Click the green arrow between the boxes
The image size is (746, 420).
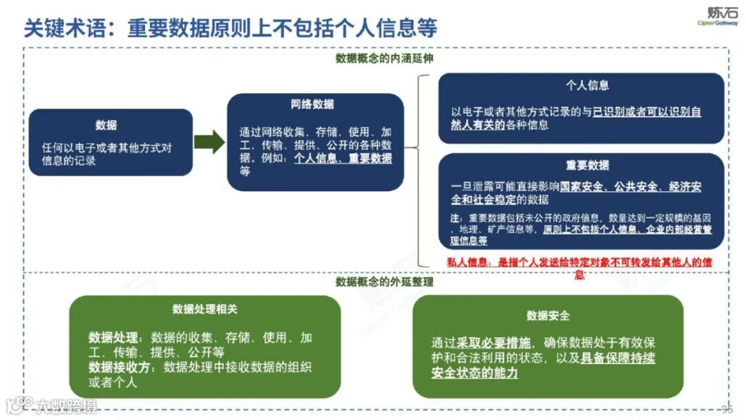[209, 142]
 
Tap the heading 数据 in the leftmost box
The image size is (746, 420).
[106, 125]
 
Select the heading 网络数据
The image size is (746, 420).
[312, 104]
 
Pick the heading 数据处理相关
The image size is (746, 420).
[204, 309]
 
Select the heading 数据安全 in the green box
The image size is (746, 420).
[548, 315]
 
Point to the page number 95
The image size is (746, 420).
[727, 408]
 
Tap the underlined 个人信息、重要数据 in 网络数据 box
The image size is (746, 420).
[343, 158]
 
